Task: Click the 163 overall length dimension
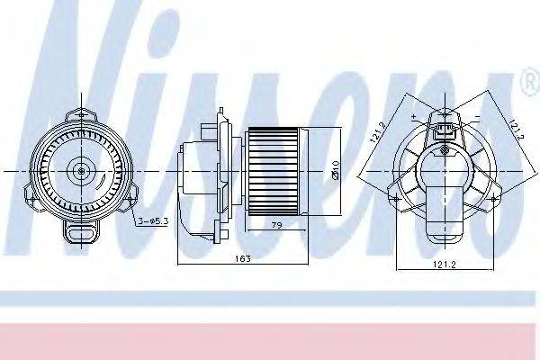(242, 258)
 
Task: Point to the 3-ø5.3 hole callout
(152, 220)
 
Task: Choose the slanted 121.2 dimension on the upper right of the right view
(515, 131)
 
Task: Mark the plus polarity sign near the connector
(412, 118)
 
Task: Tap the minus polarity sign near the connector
(477, 118)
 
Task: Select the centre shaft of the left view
(82, 168)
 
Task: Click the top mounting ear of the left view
(82, 113)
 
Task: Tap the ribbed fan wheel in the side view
(273, 171)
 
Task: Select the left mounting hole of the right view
(395, 195)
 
